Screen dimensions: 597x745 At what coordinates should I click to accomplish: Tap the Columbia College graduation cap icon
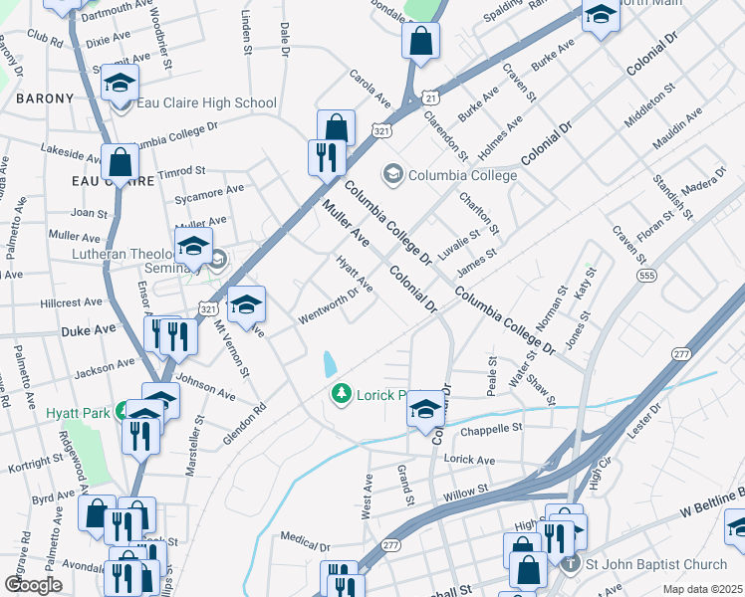tap(393, 175)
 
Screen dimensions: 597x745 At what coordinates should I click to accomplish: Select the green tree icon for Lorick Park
tap(342, 395)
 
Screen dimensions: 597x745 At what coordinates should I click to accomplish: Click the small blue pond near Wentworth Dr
tap(329, 363)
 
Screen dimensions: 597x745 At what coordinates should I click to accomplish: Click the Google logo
tap(33, 584)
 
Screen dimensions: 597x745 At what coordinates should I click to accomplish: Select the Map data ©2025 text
tap(702, 589)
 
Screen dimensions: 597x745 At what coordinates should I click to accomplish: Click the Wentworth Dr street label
tap(329, 306)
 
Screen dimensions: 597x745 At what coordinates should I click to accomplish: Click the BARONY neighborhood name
tap(45, 99)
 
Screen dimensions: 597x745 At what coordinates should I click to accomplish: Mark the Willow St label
tap(466, 490)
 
